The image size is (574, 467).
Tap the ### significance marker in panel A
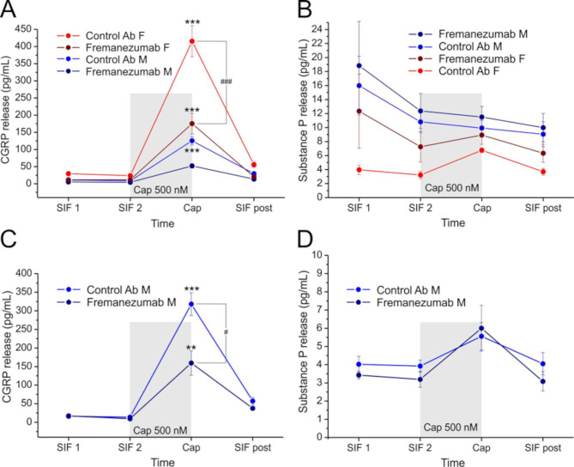228,82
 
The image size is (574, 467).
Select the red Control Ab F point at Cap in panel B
481,150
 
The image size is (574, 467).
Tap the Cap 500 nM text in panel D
450,427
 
